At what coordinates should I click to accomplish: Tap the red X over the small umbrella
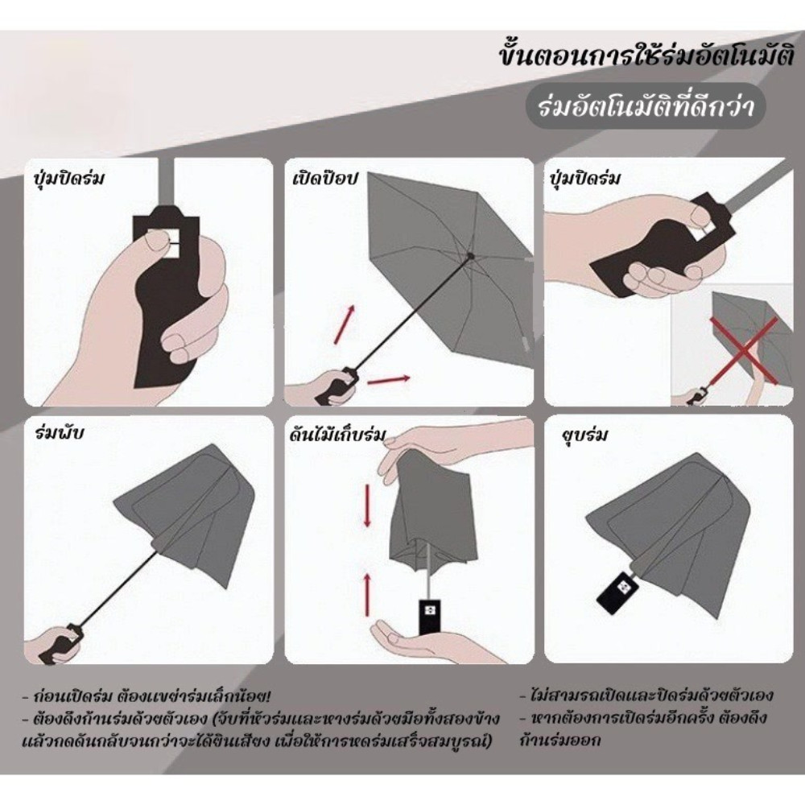[x=743, y=349]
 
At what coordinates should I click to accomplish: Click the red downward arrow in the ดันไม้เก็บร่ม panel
[x=367, y=506]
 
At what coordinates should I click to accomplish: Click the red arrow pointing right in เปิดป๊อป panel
[x=389, y=379]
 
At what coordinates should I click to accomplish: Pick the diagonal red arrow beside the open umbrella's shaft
[x=344, y=324]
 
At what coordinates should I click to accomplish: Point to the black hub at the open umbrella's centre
[x=470, y=255]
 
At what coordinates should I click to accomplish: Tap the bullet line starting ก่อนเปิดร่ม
[x=147, y=696]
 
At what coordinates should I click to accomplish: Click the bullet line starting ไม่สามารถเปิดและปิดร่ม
[x=646, y=696]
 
